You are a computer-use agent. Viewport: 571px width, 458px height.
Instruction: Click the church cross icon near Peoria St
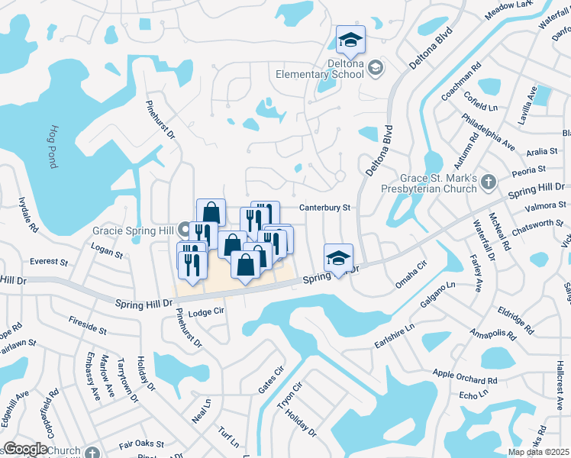(x=490, y=182)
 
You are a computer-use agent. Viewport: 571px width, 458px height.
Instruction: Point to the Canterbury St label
(x=324, y=207)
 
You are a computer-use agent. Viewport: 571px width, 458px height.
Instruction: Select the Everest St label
(x=49, y=262)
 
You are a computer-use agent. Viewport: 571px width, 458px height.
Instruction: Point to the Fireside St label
(x=87, y=326)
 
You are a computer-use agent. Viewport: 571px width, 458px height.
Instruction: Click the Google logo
(x=25, y=448)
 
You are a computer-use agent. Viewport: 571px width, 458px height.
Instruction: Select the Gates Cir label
(x=271, y=379)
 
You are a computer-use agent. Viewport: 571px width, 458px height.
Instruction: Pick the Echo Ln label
(x=473, y=394)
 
